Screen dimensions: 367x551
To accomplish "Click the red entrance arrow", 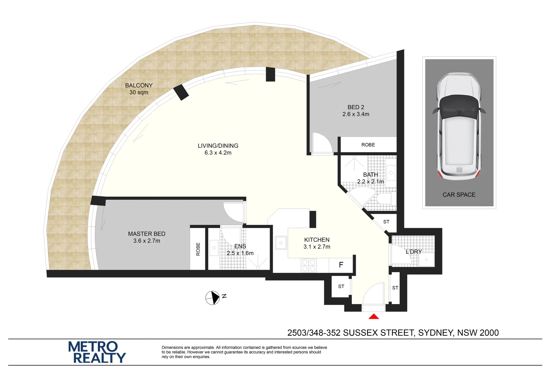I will coord(374,317).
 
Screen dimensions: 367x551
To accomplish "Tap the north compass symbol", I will coord(213,298).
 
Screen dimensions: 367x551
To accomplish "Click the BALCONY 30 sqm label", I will coord(139,89).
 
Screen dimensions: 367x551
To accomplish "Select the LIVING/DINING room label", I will coord(218,149).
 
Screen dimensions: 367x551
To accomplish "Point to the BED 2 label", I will coord(356,110).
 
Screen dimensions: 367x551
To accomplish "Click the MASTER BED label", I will coord(147,237).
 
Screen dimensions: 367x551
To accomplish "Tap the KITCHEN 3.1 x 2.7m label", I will coord(317,243).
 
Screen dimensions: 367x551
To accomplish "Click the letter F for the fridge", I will coord(341,265).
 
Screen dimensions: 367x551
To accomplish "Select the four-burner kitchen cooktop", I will coord(309,265).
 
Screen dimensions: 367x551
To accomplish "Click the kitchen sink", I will coord(281,243).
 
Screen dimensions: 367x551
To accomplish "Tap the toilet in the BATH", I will coord(385,198).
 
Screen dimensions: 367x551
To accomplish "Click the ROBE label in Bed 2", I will coord(368,145).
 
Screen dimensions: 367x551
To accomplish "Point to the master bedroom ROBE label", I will coord(198,249).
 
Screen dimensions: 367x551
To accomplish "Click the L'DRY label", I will coord(414,252).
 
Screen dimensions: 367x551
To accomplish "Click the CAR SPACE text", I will coord(459,195).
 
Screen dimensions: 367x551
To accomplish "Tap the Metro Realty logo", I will coord(97,352).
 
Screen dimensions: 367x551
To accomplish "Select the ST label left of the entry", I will coord(341,286).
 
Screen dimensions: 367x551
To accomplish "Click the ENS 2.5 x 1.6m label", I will coord(240,250).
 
